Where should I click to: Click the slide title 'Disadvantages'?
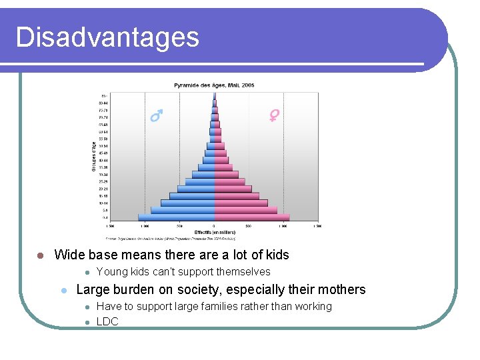coord(107,37)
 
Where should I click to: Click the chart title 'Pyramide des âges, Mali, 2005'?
coord(214,85)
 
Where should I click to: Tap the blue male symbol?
coord(156,117)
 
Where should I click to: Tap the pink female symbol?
coord(273,116)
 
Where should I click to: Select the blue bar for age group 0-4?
coord(176,217)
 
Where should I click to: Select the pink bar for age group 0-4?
coord(252,217)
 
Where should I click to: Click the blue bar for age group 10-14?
coord(187,203)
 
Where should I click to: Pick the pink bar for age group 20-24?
coord(233,189)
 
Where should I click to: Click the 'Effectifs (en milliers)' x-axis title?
coord(214,232)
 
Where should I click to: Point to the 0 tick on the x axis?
coord(214,226)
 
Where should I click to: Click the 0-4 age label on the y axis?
coord(105,217)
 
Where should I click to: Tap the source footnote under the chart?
coord(170,238)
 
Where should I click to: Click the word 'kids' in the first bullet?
coord(276,255)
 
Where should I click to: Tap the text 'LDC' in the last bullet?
coord(107,321)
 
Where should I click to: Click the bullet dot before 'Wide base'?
coord(40,255)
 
